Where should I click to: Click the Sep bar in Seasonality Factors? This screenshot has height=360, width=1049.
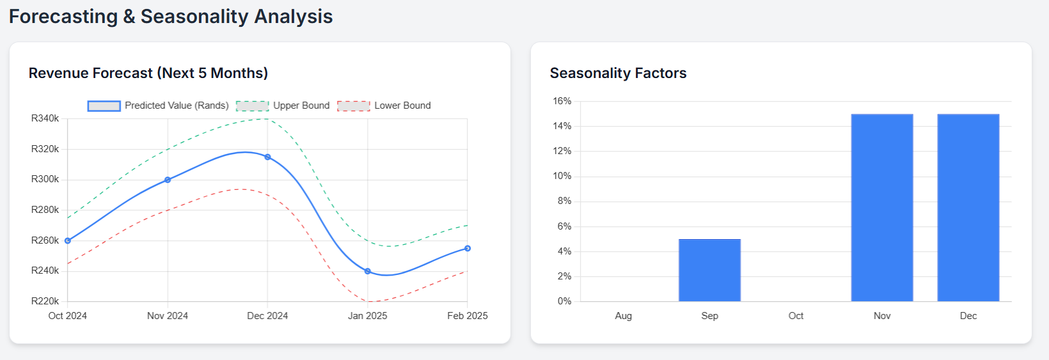[x=709, y=270]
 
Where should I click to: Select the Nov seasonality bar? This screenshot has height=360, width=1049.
[x=882, y=208]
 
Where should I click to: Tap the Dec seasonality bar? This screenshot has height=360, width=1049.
[x=968, y=208]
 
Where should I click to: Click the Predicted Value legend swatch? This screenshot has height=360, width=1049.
[x=104, y=106]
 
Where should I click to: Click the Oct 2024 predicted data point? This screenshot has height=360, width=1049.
[x=68, y=241]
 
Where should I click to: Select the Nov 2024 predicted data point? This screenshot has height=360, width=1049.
[x=168, y=180]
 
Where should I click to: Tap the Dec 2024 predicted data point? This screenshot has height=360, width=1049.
[x=267, y=157]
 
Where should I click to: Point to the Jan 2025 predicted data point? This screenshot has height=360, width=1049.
[x=367, y=271]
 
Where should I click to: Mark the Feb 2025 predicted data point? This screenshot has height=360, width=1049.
[x=468, y=248]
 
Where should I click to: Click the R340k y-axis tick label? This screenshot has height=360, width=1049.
[x=45, y=118]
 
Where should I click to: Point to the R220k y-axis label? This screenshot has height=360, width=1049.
[x=45, y=301]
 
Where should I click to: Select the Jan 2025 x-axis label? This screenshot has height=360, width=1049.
[x=367, y=316]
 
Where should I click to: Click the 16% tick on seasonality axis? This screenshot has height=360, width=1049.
[x=562, y=101]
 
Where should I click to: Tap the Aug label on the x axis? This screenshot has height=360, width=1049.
[x=623, y=316]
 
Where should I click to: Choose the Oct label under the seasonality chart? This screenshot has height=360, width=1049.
[x=796, y=316]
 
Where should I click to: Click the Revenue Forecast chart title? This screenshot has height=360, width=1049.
[x=148, y=73]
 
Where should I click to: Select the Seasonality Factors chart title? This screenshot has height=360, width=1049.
[x=618, y=73]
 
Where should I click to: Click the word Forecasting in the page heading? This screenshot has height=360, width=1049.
[x=63, y=16]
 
